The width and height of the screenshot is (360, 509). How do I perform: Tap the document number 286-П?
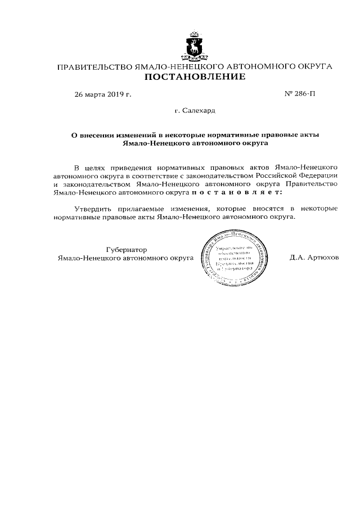tap(301, 94)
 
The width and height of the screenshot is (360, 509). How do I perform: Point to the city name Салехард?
tap(195, 111)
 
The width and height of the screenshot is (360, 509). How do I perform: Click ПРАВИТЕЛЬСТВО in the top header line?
tap(96, 67)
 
